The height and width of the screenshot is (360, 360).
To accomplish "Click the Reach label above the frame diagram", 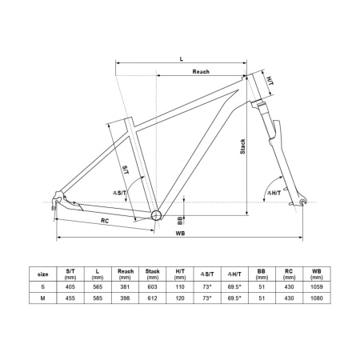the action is pos(201,71).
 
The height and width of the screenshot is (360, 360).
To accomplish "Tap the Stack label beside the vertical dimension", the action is pos(242,146).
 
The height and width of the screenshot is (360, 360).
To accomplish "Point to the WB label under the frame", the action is pos(180,234).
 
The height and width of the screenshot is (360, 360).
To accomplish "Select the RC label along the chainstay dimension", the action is pos(105,221).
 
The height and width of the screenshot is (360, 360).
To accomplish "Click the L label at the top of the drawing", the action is pos(182,59).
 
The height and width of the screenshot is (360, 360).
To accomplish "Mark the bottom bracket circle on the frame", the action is pos(157,215).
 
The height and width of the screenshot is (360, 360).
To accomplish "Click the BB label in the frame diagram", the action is pos(180,220).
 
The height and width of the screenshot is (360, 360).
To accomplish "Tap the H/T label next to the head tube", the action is pos(270,81).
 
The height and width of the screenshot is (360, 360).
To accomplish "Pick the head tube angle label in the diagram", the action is pos(274,193).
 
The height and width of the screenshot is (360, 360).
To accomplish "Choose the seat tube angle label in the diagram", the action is pos(119,192).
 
